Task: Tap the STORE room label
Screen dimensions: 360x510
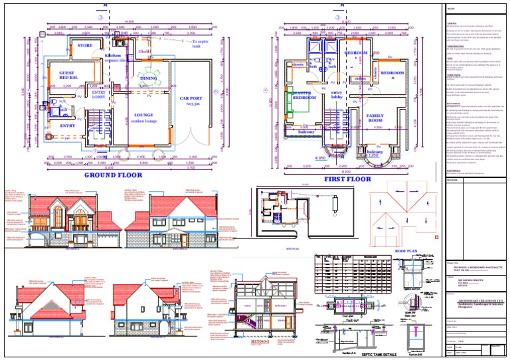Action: pyautogui.click(x=85, y=46)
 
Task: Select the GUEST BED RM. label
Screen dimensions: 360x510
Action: pyautogui.click(x=68, y=75)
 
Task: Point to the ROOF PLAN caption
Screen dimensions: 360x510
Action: pyautogui.click(x=405, y=252)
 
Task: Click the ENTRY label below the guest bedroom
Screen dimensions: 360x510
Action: pyautogui.click(x=68, y=125)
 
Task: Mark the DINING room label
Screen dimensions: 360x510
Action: pyautogui.click(x=149, y=78)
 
